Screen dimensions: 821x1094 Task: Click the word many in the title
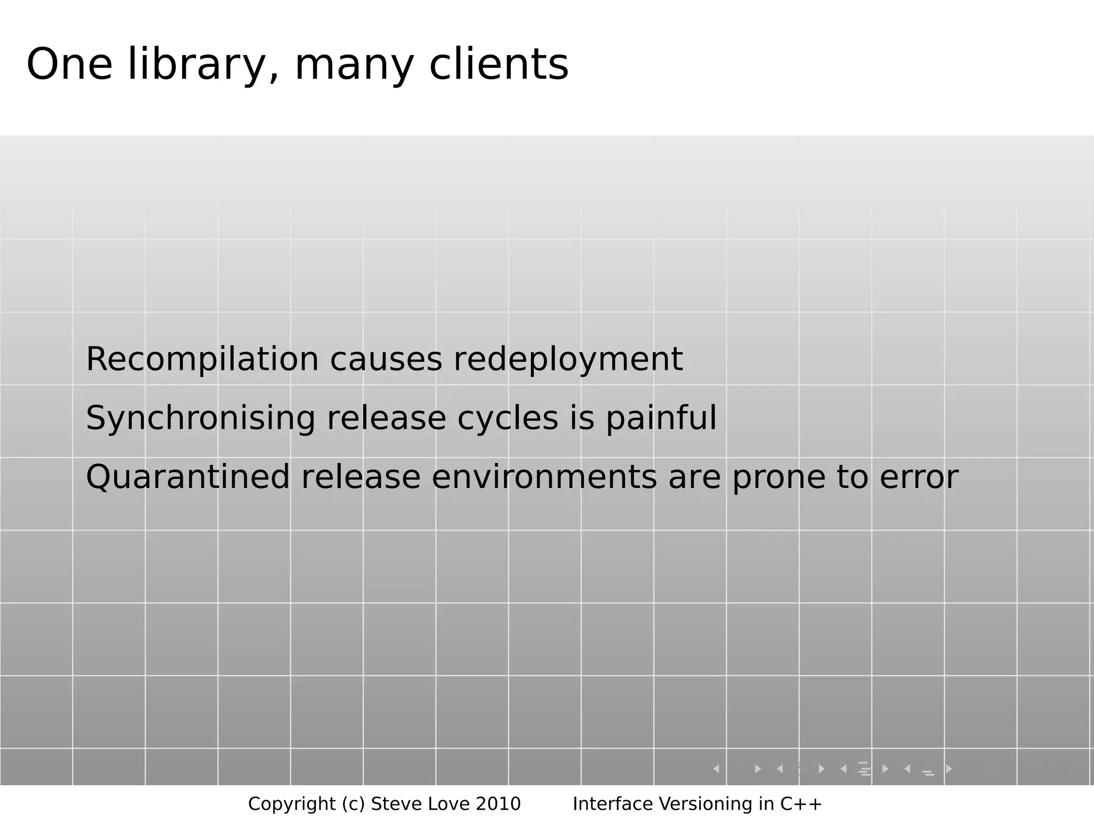point(354,66)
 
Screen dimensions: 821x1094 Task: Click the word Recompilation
point(202,359)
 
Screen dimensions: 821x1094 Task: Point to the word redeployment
point(568,359)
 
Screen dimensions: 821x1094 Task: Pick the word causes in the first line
point(386,359)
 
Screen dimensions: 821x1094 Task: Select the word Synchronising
point(200,418)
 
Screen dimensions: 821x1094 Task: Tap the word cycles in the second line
point(507,418)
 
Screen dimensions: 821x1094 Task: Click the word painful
point(661,418)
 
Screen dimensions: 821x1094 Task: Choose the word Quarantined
point(187,477)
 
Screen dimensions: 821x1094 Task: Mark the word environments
point(544,477)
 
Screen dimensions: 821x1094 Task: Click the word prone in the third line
point(778,478)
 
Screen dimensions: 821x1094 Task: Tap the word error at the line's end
point(919,477)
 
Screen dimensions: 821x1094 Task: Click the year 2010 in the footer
point(498,804)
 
